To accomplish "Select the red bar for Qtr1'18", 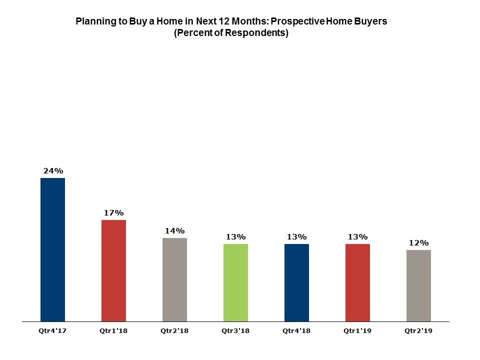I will pos(113,270).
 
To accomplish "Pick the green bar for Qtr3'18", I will pos(235,282).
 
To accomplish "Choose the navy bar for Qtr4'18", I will pos(296,282).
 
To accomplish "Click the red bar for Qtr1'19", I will pos(357,282).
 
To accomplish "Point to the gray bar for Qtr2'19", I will pos(418,285).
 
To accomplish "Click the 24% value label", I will pos(53,171).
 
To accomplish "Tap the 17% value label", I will pos(114,213).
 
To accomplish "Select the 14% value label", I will pos(175,231).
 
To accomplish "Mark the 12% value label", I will pos(419,243).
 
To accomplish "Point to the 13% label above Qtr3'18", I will pos(236,237).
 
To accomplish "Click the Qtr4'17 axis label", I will pos(52,330).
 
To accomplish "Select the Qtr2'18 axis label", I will pos(174,330).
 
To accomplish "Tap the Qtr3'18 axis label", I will pos(235,330).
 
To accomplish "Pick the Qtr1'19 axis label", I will pos(357,330).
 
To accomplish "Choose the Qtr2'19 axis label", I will pos(418,330).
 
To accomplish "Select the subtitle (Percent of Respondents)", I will pos(231,34).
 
